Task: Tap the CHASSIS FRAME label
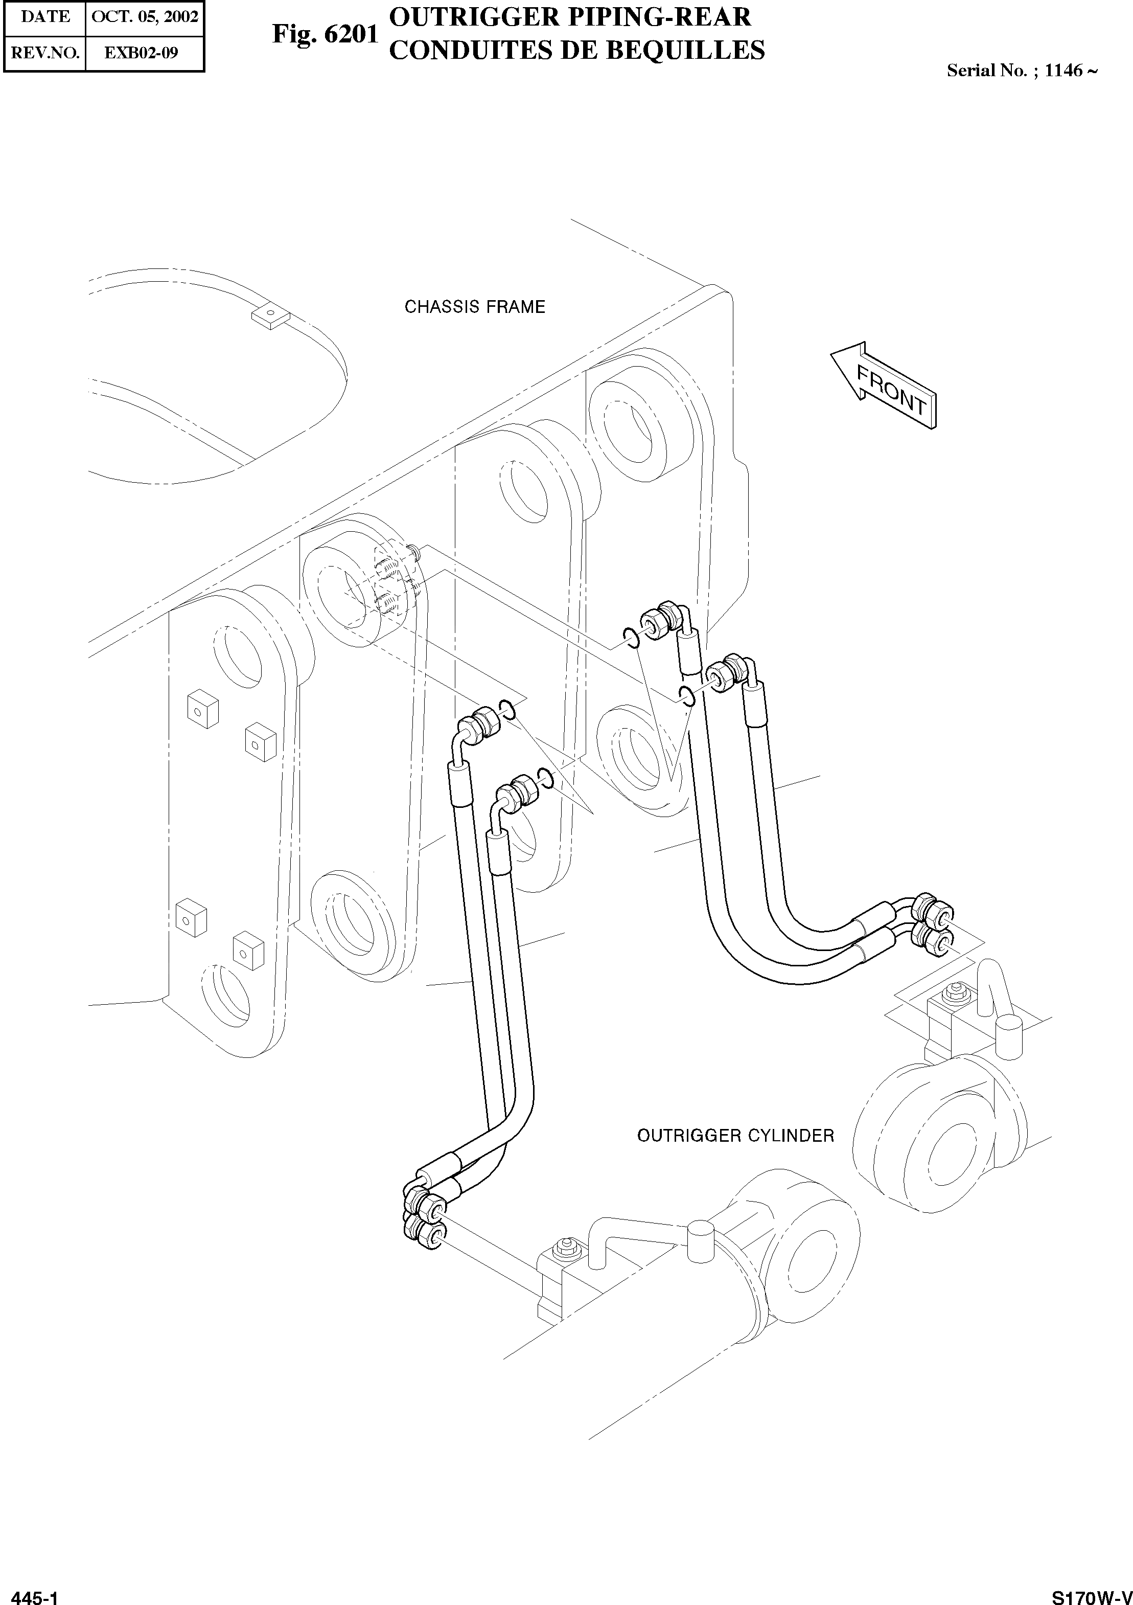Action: click(475, 307)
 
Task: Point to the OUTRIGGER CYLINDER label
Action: click(735, 1136)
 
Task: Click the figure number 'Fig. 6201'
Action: click(325, 34)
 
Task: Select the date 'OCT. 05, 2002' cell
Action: click(145, 17)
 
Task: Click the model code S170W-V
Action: click(1091, 1594)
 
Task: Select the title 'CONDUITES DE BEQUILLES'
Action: click(576, 50)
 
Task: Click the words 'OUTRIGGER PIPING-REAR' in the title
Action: click(569, 17)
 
